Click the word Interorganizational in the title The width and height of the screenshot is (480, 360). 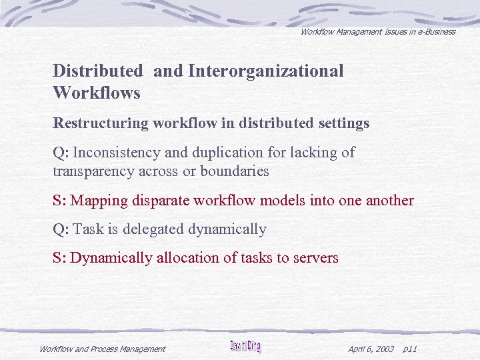coord(266,71)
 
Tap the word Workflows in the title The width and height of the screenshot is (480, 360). coord(97,93)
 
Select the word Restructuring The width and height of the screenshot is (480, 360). coord(100,123)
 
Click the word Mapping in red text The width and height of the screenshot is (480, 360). coord(98,201)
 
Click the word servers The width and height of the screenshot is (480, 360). coord(315,258)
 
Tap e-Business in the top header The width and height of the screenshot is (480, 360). coord(434,31)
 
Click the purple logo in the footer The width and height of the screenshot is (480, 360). coord(245,347)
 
